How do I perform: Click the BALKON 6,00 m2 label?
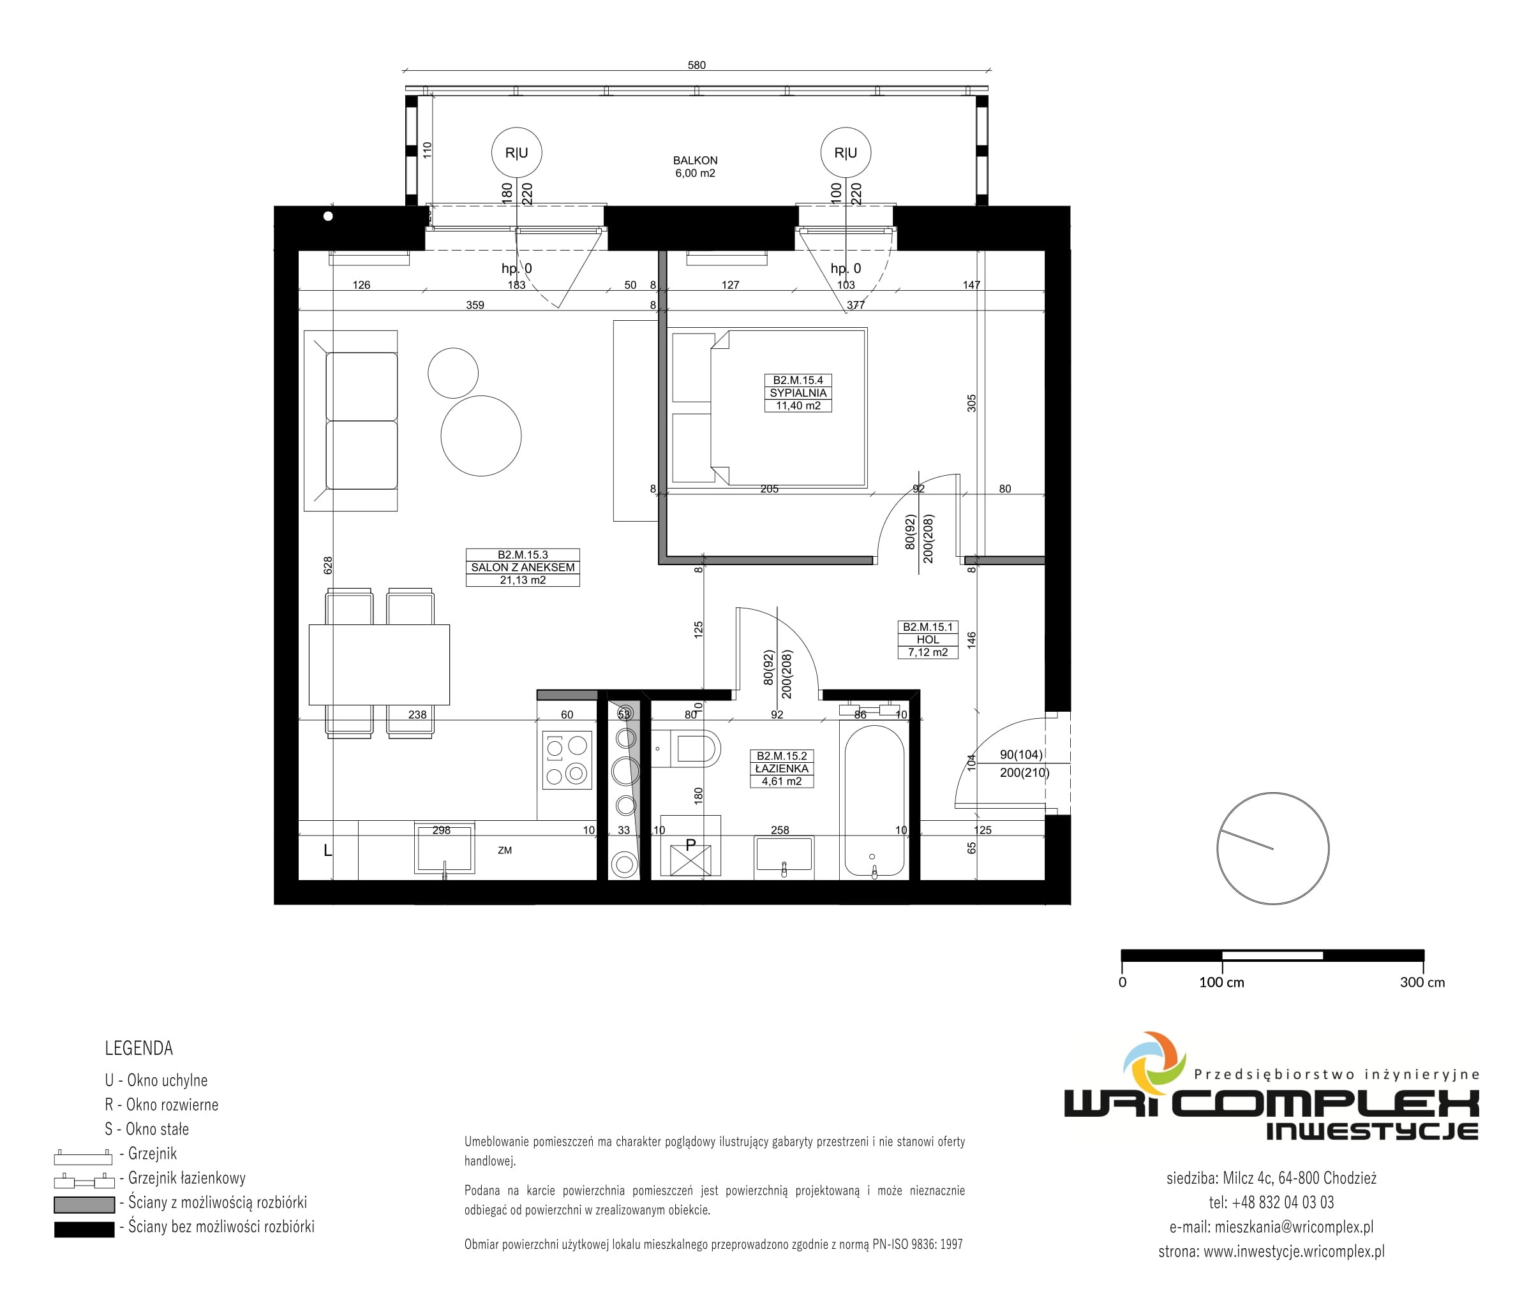(695, 166)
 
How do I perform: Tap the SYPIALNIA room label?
(798, 393)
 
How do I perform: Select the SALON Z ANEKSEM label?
(523, 567)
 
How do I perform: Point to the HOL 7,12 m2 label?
(928, 640)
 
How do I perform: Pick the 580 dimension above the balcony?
(696, 66)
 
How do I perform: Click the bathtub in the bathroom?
(874, 802)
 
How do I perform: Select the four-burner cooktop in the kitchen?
(567, 760)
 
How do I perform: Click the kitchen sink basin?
(445, 848)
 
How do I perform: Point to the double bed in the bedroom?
(769, 407)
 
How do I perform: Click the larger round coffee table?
(481, 436)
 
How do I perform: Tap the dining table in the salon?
(379, 664)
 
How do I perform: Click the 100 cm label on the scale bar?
(1221, 982)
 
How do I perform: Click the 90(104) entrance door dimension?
(1021, 755)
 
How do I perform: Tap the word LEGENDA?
(139, 1049)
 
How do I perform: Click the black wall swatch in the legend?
(84, 1229)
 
